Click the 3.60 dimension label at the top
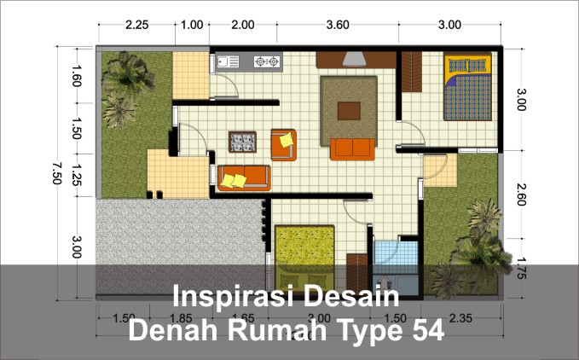point(338,24)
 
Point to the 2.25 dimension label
point(137,24)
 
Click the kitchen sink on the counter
point(229,61)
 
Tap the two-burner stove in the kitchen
point(267,61)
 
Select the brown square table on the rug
point(349,111)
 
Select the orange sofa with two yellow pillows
point(244,177)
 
